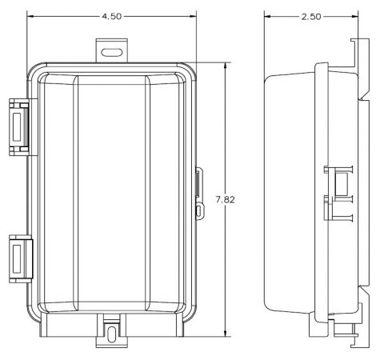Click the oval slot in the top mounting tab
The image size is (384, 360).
(112, 52)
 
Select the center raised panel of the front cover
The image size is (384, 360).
(112, 192)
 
